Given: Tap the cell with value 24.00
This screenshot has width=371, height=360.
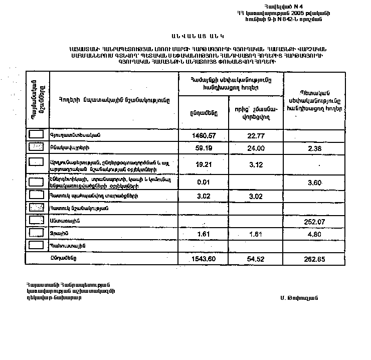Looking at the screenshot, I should tap(255, 148).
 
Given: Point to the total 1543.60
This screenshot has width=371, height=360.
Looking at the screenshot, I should tap(204, 259).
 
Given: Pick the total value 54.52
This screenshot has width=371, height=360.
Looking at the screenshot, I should tap(255, 259).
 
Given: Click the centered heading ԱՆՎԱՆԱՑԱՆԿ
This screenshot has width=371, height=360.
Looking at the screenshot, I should tap(196, 37).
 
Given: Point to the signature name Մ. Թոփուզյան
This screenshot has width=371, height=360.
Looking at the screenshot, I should tap(300, 297).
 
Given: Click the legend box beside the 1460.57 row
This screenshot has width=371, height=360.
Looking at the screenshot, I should tap(37, 134).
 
